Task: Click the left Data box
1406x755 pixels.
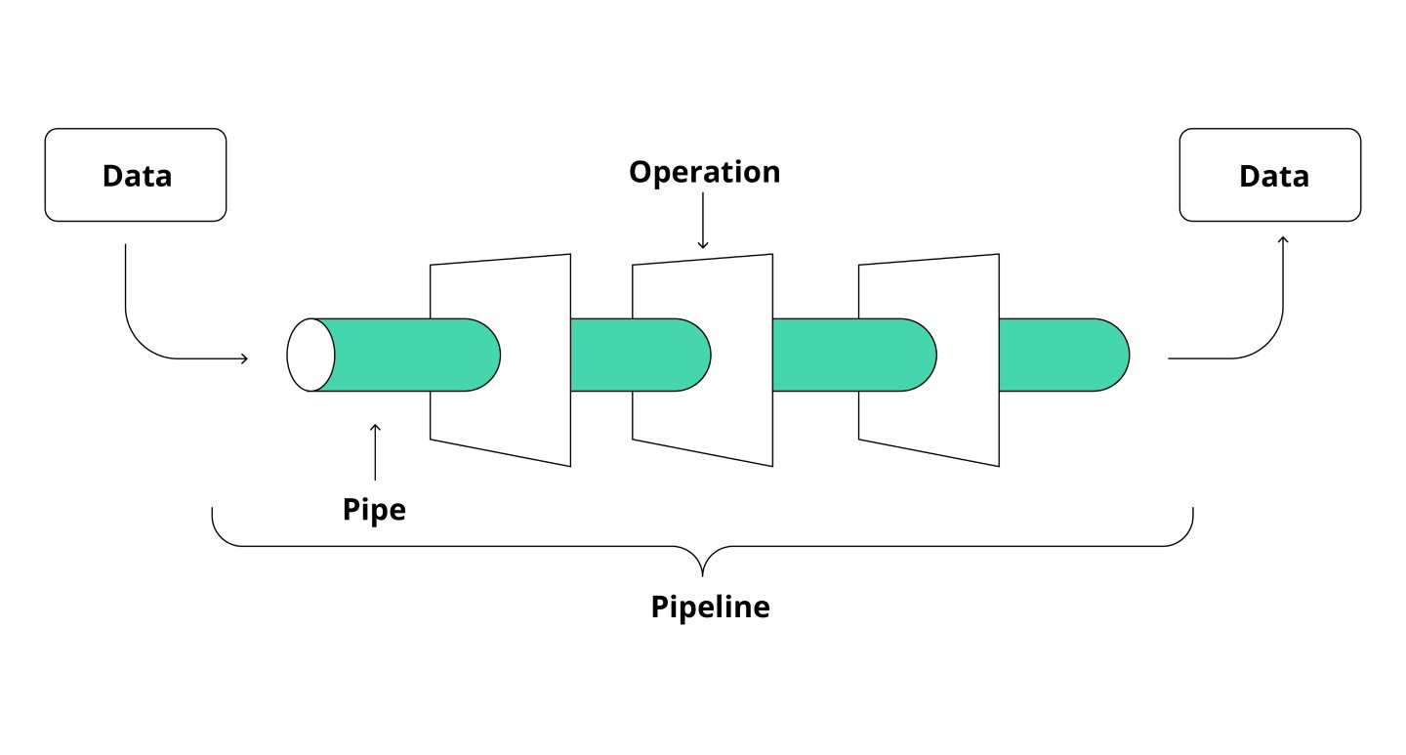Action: click(136, 175)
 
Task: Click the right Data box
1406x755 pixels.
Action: click(1269, 175)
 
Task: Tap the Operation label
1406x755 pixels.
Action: click(704, 172)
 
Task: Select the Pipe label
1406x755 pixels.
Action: click(374, 509)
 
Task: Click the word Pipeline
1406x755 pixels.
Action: click(710, 608)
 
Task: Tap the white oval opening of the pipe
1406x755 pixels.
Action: click(310, 355)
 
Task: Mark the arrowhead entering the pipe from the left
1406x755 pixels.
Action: click(244, 358)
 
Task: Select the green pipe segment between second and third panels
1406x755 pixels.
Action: click(815, 355)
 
